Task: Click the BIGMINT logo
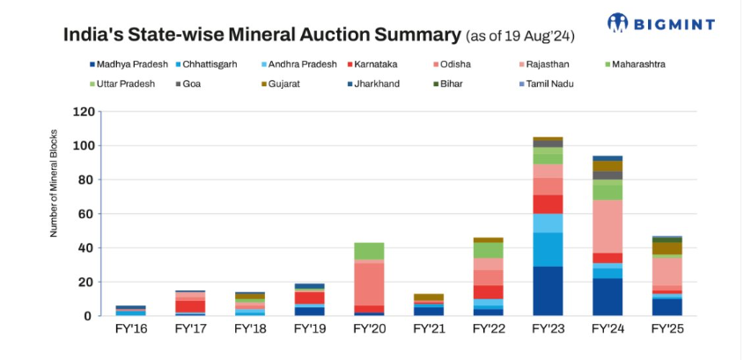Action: click(660, 24)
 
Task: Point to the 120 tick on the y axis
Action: click(83, 112)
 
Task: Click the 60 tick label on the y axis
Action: click(86, 214)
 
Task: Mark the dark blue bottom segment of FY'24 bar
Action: click(607, 297)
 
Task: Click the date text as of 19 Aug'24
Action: click(520, 36)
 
